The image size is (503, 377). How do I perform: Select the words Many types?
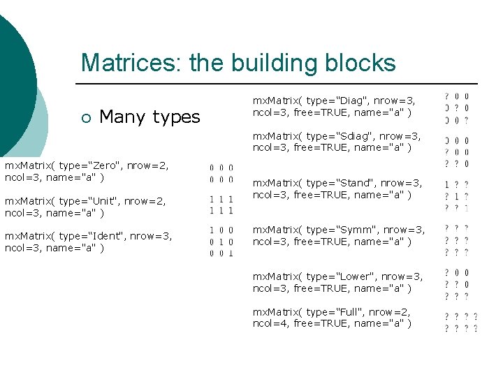pos(150,117)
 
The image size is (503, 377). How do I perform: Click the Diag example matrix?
pos(457,108)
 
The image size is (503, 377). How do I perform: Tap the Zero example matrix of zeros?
pos(221,172)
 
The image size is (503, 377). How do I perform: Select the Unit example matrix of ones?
pos(221,205)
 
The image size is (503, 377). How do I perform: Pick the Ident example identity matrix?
pos(221,241)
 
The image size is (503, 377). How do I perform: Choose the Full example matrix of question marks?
pos(461,322)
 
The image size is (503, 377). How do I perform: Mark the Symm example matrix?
pos(457,240)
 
